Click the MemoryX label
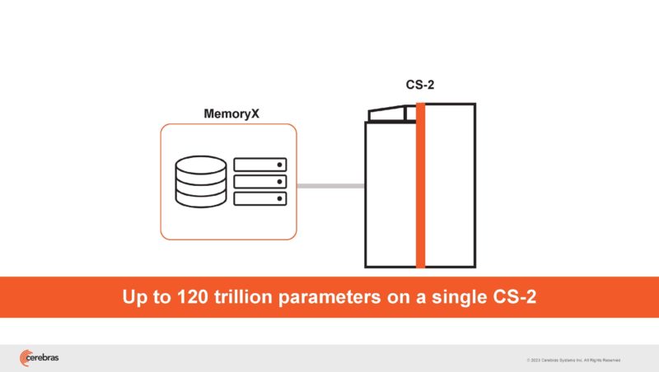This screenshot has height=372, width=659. coord(231,114)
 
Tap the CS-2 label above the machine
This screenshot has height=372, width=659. coord(420,85)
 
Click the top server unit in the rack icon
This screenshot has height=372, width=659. coord(260,165)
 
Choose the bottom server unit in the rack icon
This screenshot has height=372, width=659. coord(260,199)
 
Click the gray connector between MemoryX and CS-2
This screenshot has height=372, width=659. coord(329,186)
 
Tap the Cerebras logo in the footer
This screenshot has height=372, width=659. coord(39,357)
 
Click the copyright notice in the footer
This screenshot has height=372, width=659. coord(573,360)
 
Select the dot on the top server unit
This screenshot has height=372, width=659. coord(279,165)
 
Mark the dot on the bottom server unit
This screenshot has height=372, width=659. coord(279,199)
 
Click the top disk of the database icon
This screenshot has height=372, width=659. coord(200,164)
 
